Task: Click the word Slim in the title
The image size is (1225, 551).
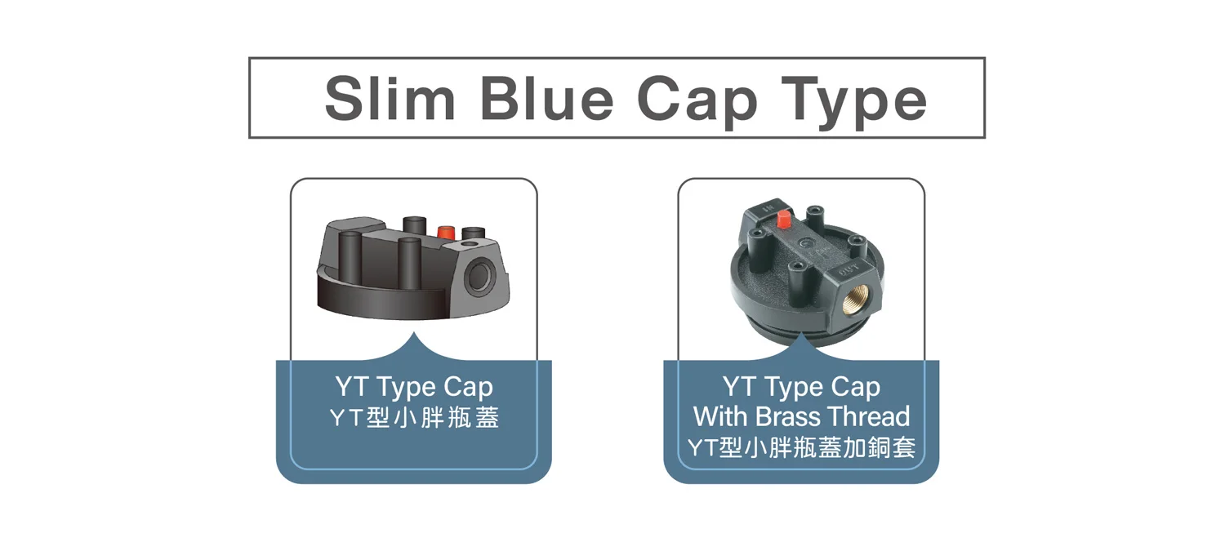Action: click(390, 99)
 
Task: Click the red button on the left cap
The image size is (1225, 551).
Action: click(446, 232)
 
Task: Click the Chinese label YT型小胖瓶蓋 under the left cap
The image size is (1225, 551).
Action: click(413, 419)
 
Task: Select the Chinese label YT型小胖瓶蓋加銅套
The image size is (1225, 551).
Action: click(801, 448)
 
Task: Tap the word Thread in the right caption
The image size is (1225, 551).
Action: click(868, 416)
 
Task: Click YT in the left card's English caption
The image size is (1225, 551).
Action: click(350, 387)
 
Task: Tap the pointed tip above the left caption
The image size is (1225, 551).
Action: click(414, 335)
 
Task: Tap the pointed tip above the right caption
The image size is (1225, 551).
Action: click(801, 335)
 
